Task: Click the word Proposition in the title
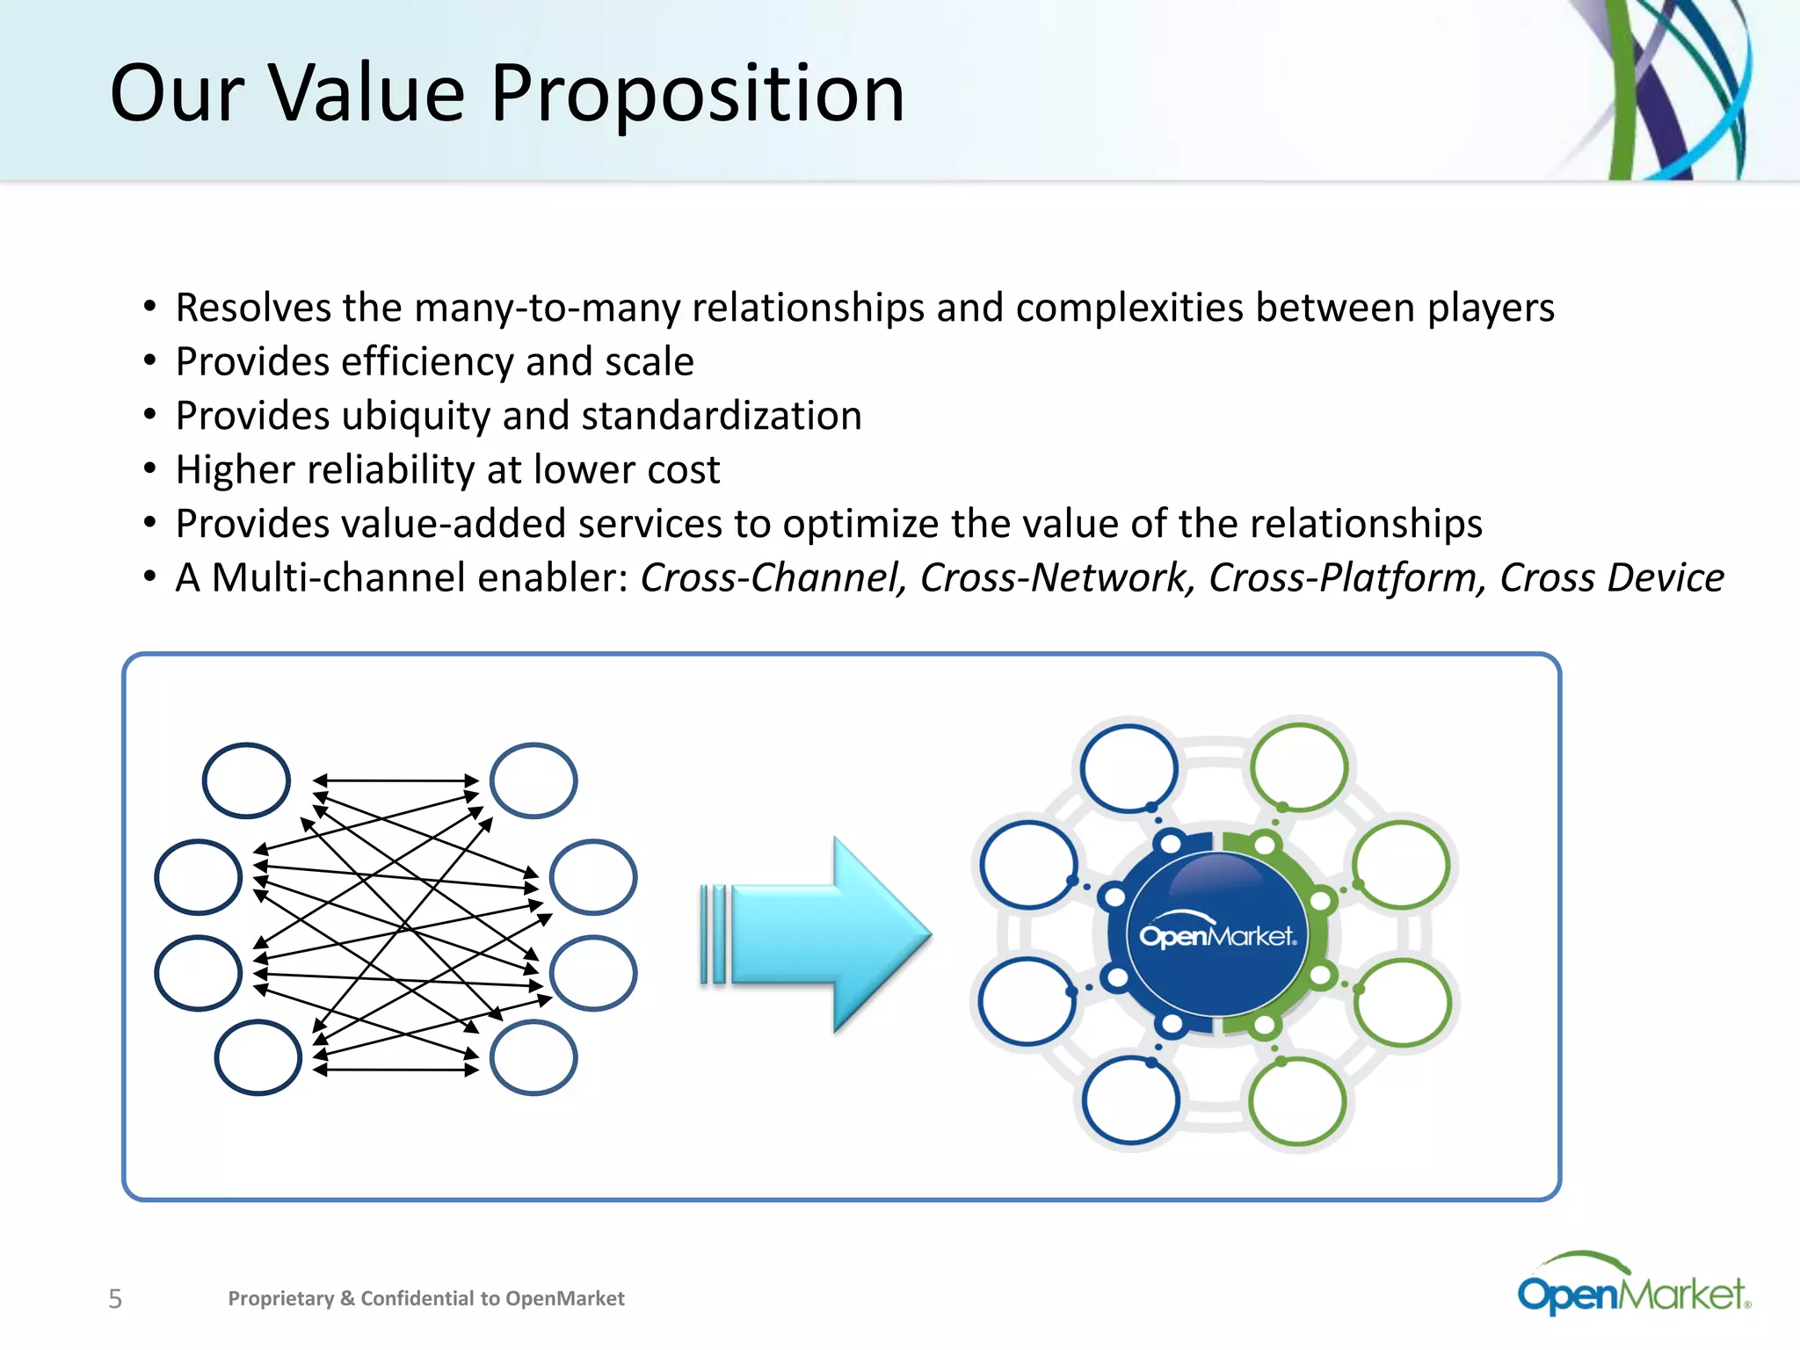(697, 95)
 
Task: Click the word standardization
(722, 416)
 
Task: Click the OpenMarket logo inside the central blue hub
(1217, 936)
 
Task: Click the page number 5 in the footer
(115, 1299)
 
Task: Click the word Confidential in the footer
(417, 1299)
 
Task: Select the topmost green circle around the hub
(1298, 767)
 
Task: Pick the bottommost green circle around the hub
(1296, 1101)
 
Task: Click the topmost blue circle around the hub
(1129, 767)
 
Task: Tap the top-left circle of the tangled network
(246, 780)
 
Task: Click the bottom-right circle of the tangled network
(533, 1057)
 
